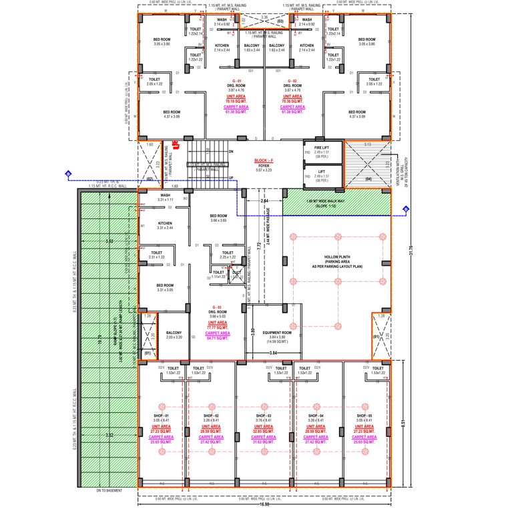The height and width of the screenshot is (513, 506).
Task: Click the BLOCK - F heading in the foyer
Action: tap(265, 162)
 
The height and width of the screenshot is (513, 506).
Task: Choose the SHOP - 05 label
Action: tap(364, 415)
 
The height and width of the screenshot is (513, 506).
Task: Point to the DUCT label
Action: tap(236, 273)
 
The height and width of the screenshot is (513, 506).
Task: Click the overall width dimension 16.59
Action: tap(265, 505)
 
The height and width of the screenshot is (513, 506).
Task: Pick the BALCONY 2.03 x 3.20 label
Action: tap(174, 335)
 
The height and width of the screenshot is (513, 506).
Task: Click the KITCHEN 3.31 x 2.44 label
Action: tap(165, 226)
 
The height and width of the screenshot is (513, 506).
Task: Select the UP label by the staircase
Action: tap(231, 178)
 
